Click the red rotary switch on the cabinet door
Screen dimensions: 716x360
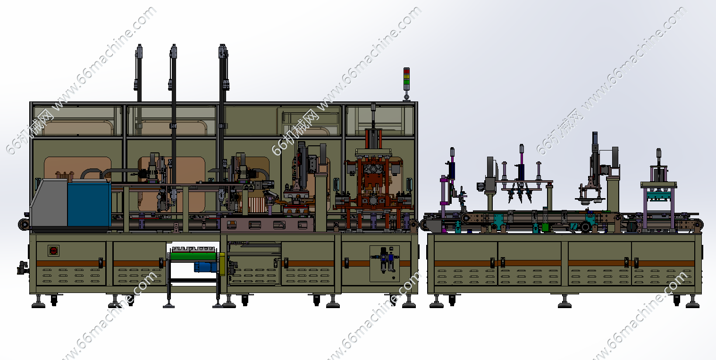coord(53,251)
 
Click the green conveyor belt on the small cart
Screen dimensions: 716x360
coord(194,256)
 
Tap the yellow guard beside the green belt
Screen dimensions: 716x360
coord(222,264)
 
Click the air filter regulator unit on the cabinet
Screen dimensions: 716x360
coord(385,260)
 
